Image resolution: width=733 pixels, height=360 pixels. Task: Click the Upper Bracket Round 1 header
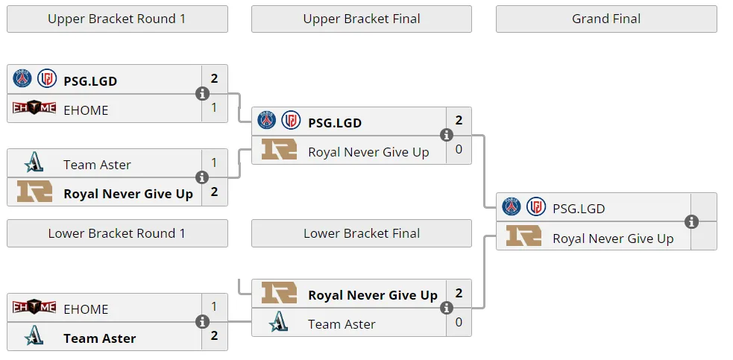click(117, 19)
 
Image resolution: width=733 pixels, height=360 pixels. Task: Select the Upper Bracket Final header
click(362, 19)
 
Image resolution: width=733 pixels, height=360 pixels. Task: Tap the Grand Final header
click(606, 19)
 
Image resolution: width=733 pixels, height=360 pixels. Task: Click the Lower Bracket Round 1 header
click(117, 233)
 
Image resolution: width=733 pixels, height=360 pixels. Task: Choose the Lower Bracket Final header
click(362, 233)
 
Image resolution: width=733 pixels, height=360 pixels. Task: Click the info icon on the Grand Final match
click(691, 221)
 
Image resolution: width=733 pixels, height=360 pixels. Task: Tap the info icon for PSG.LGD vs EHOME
click(202, 93)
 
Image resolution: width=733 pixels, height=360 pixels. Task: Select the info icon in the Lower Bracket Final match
click(447, 308)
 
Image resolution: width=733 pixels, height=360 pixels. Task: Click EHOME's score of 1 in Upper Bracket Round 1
click(214, 107)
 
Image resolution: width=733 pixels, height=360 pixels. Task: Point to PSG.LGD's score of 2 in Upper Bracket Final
click(459, 121)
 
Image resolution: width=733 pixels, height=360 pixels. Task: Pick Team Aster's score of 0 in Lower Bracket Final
click(459, 322)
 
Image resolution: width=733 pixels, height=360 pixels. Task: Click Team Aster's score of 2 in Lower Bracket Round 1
click(214, 335)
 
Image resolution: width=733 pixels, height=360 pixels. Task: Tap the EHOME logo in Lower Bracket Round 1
click(34, 307)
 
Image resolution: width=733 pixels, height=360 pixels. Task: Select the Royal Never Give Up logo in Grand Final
click(523, 236)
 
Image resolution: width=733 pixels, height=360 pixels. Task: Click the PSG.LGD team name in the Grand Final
click(579, 209)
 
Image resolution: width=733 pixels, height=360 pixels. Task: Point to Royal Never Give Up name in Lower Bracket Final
click(373, 295)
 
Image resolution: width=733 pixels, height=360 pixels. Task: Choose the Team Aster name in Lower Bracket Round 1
click(100, 338)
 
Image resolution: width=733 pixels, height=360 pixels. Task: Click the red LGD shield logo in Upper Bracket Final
click(292, 120)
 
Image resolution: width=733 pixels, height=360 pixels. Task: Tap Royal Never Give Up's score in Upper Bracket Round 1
click(214, 192)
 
